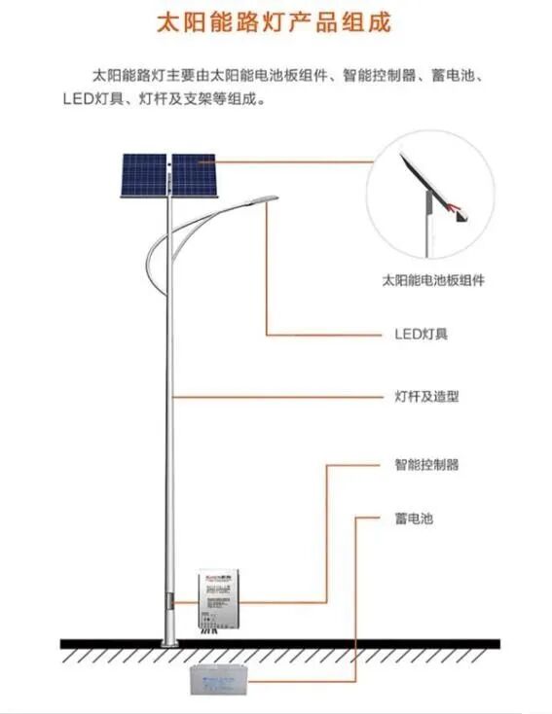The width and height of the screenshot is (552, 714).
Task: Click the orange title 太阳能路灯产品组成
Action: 275,22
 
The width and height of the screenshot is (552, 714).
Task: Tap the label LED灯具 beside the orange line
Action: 421,334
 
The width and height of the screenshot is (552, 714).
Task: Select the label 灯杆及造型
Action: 426,397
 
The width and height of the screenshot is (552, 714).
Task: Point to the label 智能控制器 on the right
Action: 426,465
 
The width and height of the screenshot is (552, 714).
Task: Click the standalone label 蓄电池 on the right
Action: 414,518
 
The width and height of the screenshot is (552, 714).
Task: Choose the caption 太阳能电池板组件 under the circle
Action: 432,280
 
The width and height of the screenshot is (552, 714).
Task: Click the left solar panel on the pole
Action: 144,175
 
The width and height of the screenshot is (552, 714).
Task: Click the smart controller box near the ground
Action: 224,595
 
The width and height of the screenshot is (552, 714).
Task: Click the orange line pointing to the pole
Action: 273,397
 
